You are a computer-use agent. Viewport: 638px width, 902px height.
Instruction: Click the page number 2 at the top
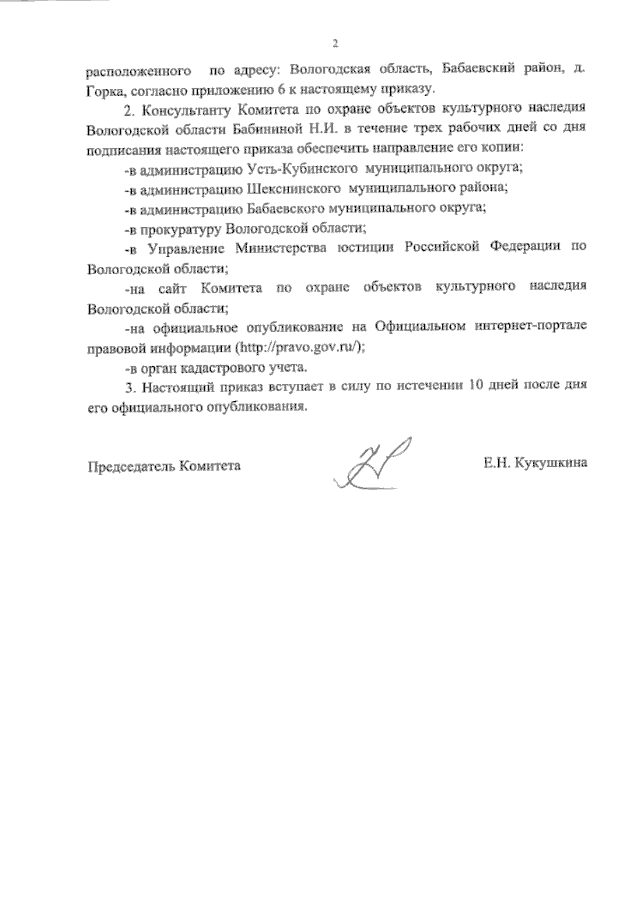click(x=335, y=44)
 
